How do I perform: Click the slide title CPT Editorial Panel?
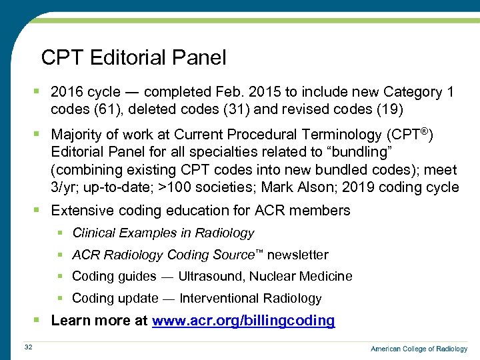(133, 58)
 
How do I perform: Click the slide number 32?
(28, 346)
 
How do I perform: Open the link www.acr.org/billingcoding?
(243, 321)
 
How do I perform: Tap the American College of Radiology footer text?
(419, 349)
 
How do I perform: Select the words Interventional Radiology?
(251, 299)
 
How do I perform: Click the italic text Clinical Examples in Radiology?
(163, 233)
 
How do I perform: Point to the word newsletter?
(297, 255)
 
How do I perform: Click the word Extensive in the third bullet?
(81, 211)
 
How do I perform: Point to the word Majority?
(77, 135)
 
